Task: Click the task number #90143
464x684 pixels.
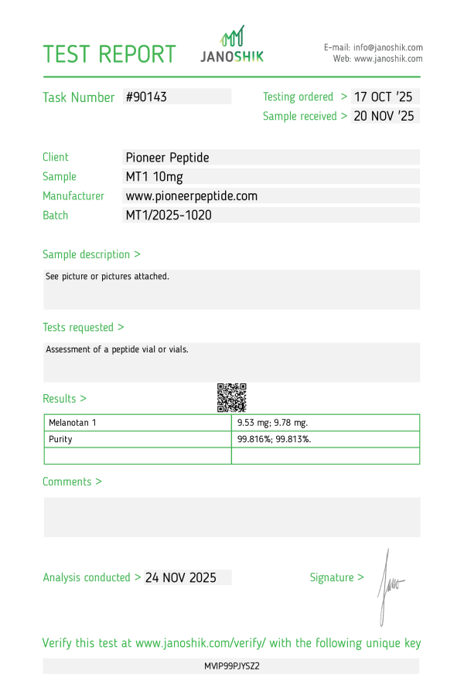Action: point(146,97)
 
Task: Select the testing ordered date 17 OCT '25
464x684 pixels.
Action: point(384,97)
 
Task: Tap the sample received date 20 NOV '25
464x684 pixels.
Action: point(384,116)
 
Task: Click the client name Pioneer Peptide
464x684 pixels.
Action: point(167,158)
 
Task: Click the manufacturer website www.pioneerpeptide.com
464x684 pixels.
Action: point(191,196)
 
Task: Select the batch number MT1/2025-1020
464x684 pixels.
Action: point(169,216)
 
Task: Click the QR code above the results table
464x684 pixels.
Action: point(231,397)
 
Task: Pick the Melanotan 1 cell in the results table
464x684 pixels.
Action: point(73,423)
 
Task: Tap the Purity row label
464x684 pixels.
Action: point(60,439)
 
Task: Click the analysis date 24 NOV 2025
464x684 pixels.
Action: point(181,577)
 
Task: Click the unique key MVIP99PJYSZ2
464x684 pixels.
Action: point(231,665)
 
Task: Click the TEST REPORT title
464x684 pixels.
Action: point(109,54)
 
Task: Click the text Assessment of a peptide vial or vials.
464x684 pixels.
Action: point(117,349)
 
